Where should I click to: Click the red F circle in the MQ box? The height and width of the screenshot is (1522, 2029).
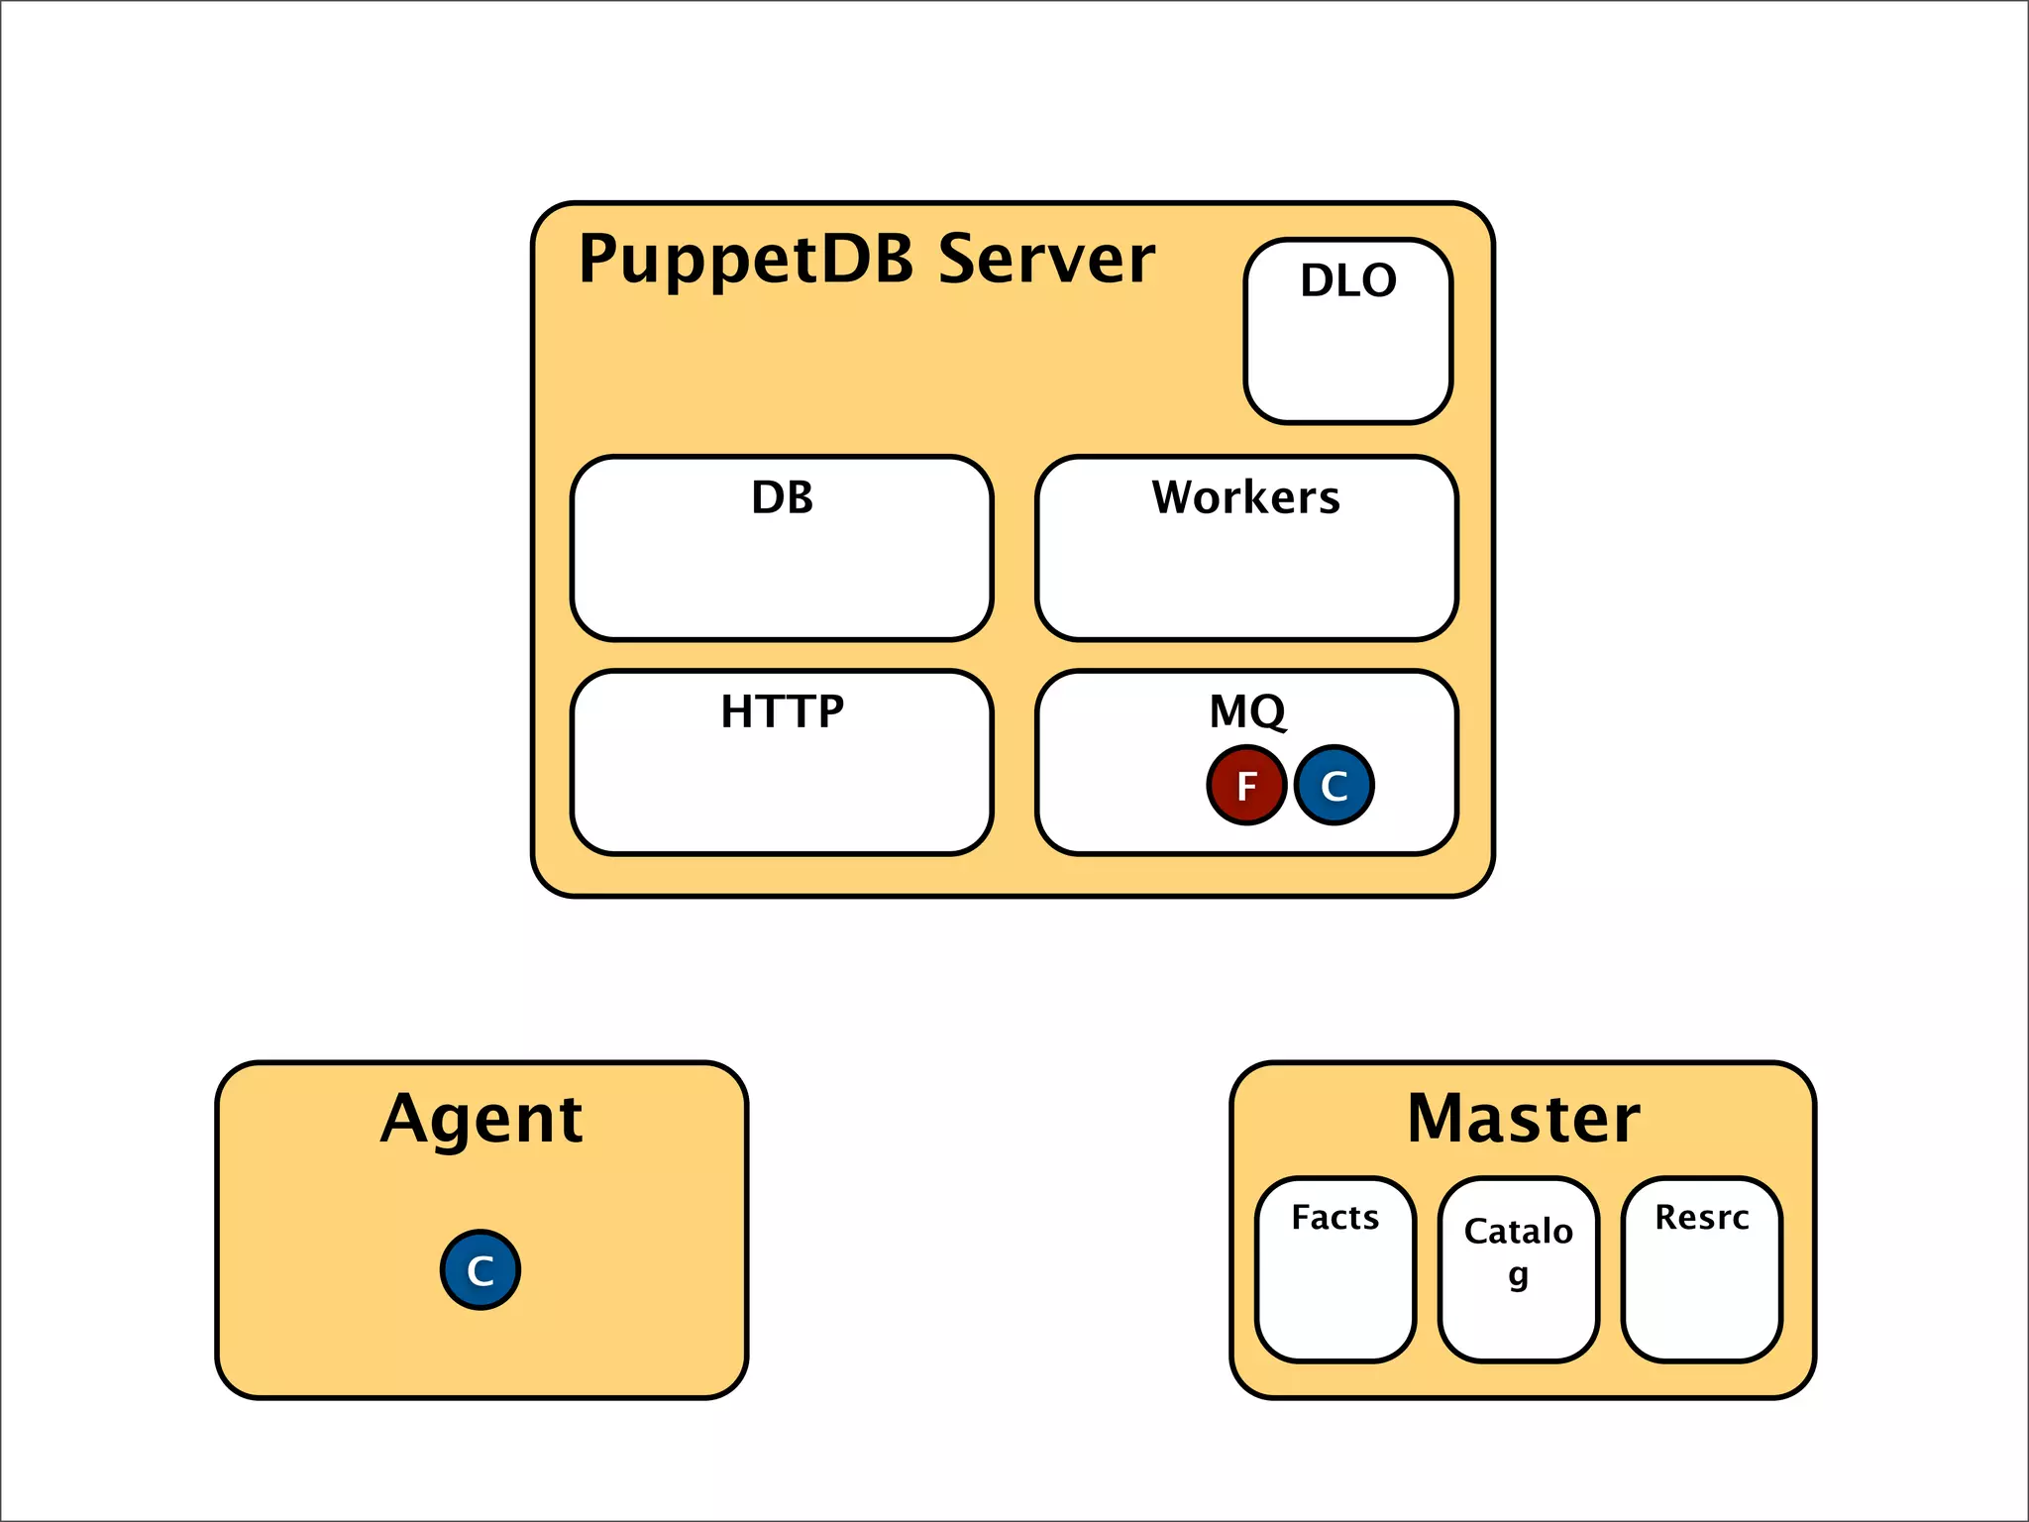(x=1246, y=786)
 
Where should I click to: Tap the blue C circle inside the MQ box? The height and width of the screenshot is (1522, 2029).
(x=1334, y=786)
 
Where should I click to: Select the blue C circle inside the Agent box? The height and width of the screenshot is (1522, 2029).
(x=481, y=1270)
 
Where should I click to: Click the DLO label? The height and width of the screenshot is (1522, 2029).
(x=1348, y=280)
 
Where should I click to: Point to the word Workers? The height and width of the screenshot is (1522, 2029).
(x=1245, y=497)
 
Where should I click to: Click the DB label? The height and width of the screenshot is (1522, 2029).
(x=782, y=497)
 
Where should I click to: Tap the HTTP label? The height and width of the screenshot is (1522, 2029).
(x=782, y=711)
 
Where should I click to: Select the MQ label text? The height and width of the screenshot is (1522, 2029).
(x=1246, y=711)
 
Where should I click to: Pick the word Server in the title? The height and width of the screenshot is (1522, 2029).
(x=1046, y=260)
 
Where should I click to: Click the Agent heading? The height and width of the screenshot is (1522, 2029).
(x=481, y=1120)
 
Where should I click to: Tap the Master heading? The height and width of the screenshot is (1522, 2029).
(x=1523, y=1120)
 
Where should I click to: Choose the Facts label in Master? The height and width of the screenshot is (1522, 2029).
(x=1335, y=1217)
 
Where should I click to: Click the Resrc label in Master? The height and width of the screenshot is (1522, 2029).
(x=1701, y=1217)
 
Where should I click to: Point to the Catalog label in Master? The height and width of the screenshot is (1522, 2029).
(x=1518, y=1232)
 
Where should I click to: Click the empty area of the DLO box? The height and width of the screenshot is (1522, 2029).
(x=1348, y=362)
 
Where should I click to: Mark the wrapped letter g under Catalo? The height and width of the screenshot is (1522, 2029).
(x=1518, y=1276)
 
